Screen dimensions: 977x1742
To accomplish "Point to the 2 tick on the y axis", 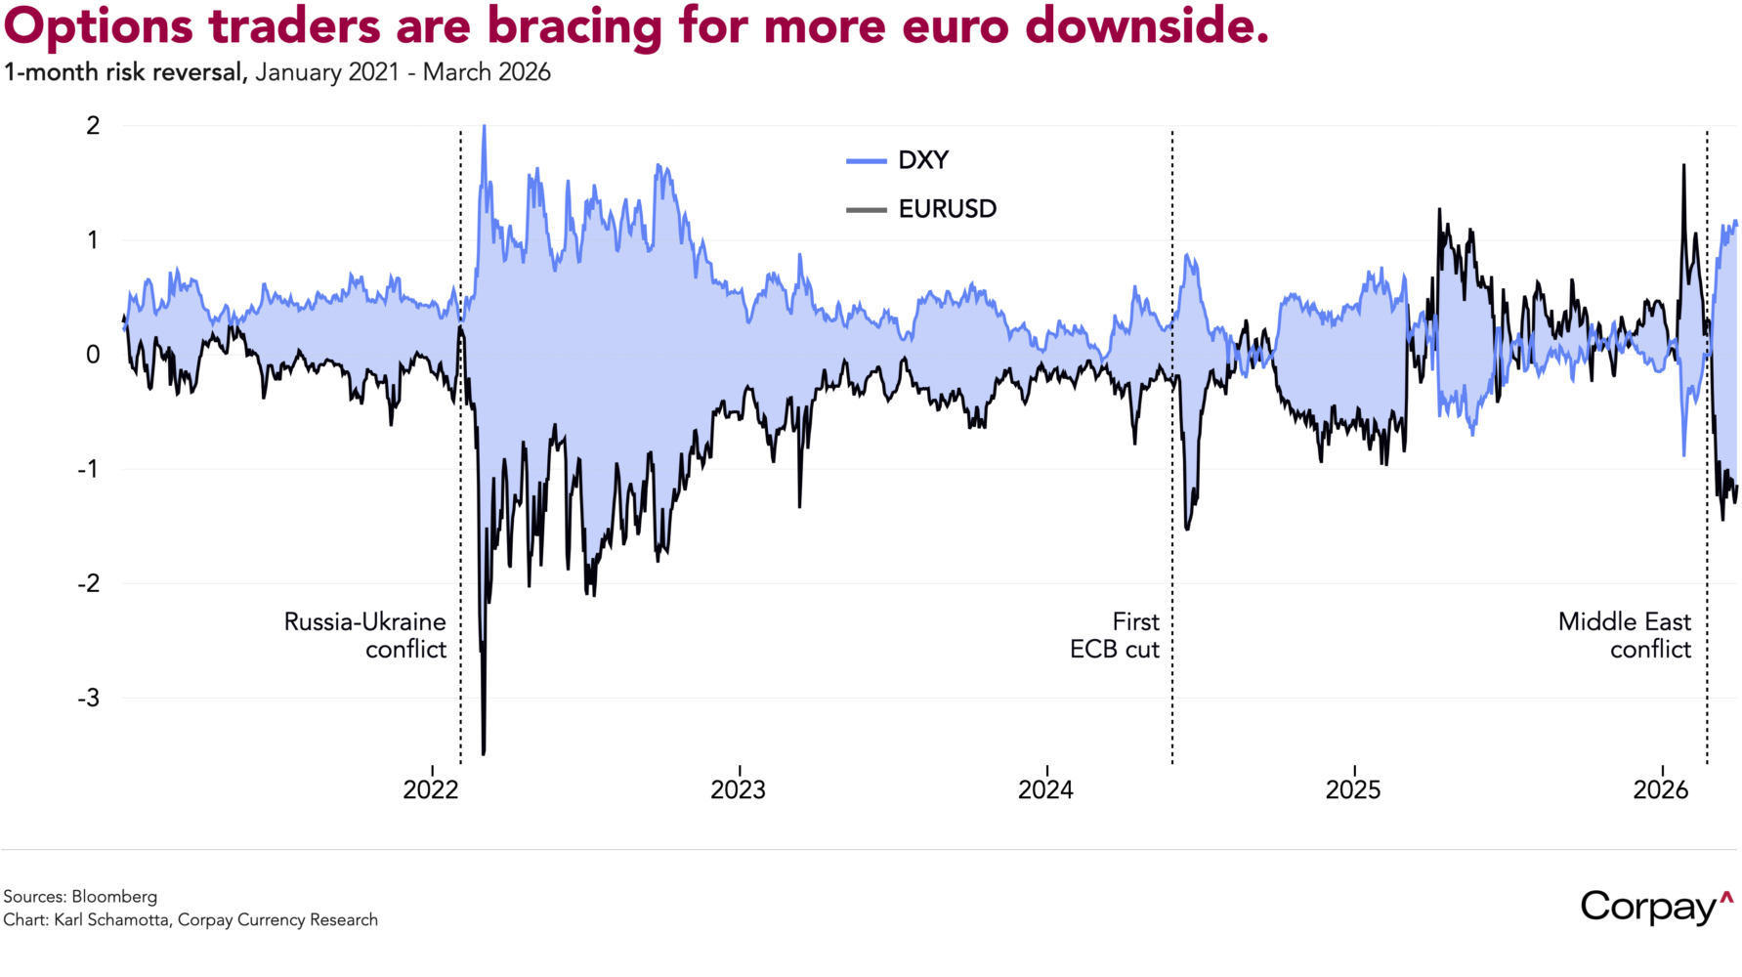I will (x=93, y=125).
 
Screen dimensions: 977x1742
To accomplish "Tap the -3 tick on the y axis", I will (x=89, y=698).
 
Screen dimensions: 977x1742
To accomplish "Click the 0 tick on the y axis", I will (x=93, y=355).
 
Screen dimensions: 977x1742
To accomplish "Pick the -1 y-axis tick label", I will (x=89, y=469).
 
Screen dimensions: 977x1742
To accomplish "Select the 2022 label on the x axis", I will (x=431, y=789).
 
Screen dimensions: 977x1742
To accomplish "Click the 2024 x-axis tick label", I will (x=1045, y=789).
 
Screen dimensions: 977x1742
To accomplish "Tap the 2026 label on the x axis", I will (x=1661, y=789).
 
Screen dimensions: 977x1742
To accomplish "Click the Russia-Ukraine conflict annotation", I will (x=365, y=635).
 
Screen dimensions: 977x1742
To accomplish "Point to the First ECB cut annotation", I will (x=1115, y=635).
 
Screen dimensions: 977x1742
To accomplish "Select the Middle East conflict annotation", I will (x=1625, y=635).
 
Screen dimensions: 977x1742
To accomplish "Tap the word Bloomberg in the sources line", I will (x=114, y=897).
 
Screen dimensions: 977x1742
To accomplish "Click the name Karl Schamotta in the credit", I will (x=111, y=920).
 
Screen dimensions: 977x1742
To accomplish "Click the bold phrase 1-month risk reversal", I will (x=125, y=72).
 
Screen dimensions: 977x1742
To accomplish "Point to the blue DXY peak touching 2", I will (x=484, y=127).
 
